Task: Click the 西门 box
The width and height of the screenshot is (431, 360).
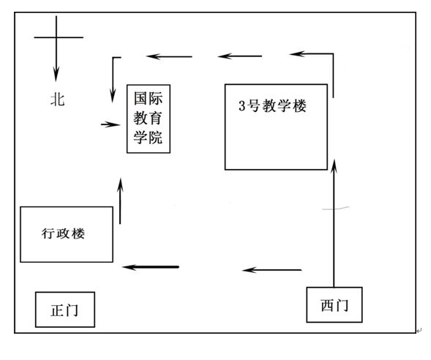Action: pyautogui.click(x=334, y=304)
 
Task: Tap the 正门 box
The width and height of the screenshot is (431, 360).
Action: pyautogui.click(x=65, y=310)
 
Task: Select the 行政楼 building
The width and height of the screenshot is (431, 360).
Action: pyautogui.click(x=67, y=234)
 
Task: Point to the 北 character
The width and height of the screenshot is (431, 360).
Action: pyautogui.click(x=57, y=100)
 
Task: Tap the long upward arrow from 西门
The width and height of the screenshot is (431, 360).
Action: pyautogui.click(x=334, y=220)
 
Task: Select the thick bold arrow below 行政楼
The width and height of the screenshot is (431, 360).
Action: pyautogui.click(x=151, y=266)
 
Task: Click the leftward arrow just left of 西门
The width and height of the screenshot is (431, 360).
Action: pyautogui.click(x=272, y=270)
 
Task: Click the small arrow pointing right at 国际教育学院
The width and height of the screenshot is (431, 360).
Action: pyautogui.click(x=110, y=124)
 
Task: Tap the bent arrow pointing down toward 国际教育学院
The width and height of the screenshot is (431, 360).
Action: pyautogui.click(x=113, y=77)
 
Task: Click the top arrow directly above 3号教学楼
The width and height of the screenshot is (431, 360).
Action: pyautogui.click(x=236, y=56)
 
